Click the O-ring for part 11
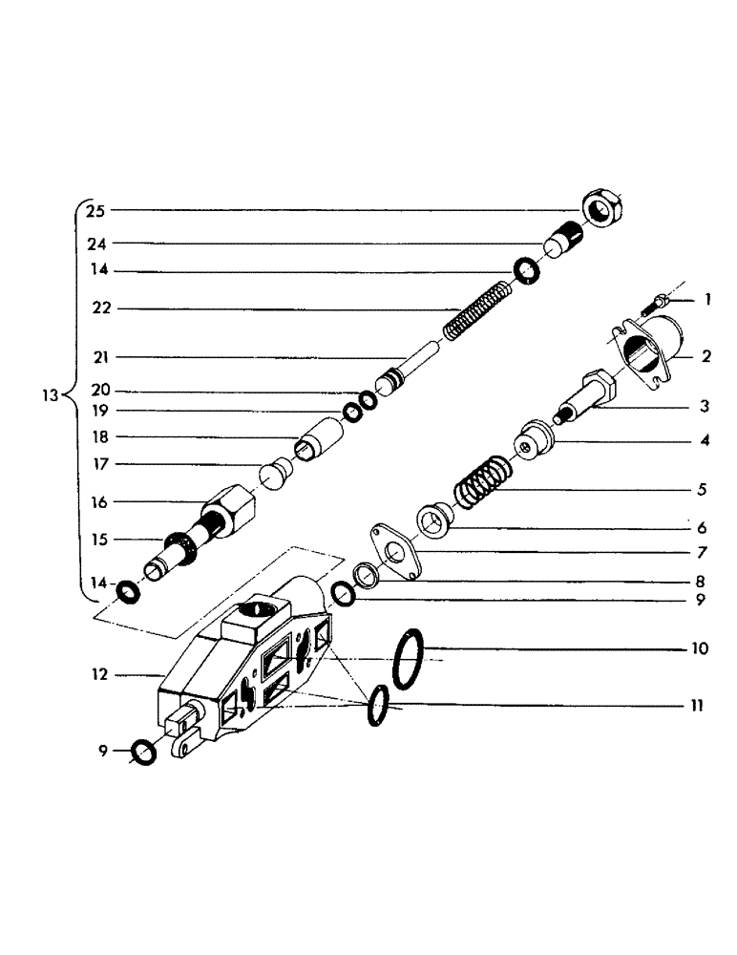point(379,705)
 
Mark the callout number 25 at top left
point(95,209)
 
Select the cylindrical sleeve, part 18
point(319,437)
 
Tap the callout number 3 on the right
point(704,407)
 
